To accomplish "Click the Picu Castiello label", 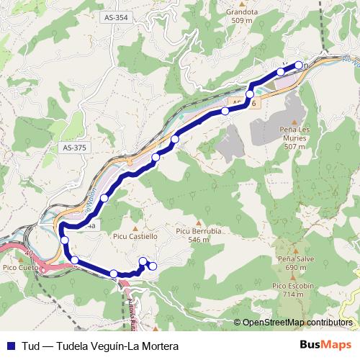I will pyautogui.click(x=134, y=235).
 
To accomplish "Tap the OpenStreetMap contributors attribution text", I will pyautogui.click(x=297, y=322).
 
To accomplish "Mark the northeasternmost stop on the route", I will pyautogui.click(x=299, y=66).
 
